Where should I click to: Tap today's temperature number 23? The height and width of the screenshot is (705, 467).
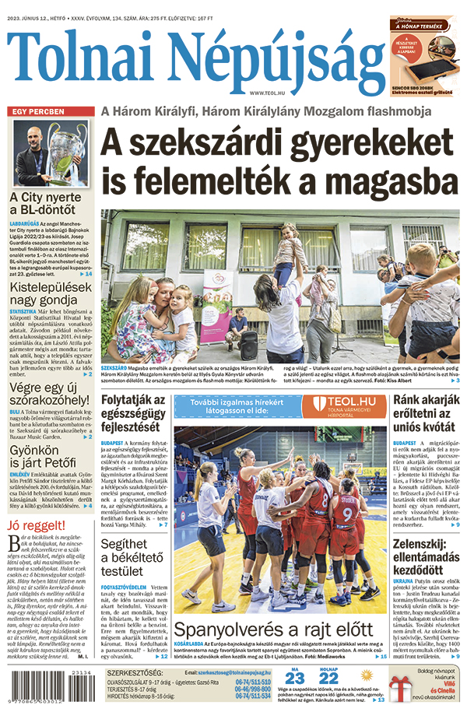click(295, 678)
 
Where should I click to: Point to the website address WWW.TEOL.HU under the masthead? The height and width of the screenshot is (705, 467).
click(271, 93)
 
